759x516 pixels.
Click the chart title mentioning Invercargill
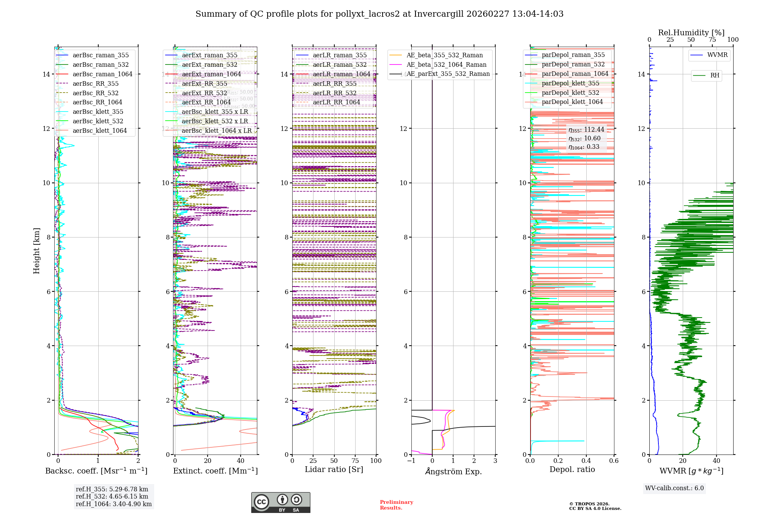(x=379, y=14)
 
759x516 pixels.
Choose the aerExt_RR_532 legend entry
(x=205, y=93)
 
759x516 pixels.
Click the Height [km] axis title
(x=36, y=251)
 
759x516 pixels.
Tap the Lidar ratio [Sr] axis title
(x=334, y=470)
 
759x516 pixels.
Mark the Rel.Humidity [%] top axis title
(x=691, y=33)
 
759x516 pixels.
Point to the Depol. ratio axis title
(x=572, y=470)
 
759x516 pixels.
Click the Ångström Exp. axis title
(x=453, y=472)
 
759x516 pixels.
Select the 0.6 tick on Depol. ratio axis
(x=614, y=461)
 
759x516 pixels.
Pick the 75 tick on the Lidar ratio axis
(x=355, y=461)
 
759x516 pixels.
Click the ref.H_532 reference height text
(x=112, y=496)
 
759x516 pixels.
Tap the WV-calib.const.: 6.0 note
(x=674, y=488)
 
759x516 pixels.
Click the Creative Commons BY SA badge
(x=280, y=503)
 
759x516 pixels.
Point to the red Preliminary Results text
(x=396, y=505)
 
